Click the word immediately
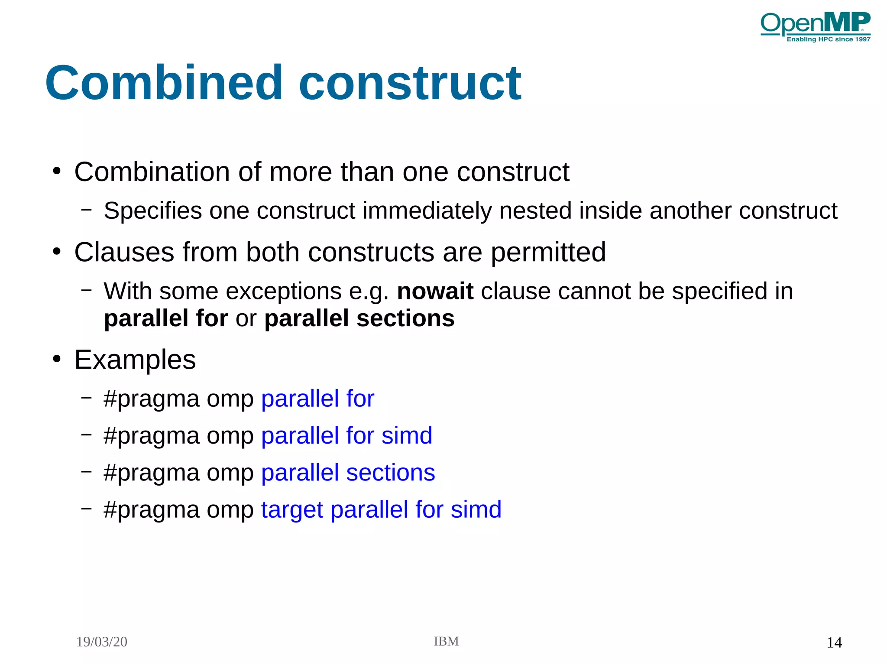[427, 211]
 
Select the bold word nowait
[435, 291]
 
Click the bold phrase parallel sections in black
[359, 318]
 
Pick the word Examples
[135, 359]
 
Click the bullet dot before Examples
[57, 359]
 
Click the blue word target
[292, 509]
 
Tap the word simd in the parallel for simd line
[407, 435]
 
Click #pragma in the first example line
[151, 399]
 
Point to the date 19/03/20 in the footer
[101, 642]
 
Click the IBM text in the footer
[446, 641]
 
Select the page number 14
[834, 642]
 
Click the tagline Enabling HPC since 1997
[828, 39]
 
